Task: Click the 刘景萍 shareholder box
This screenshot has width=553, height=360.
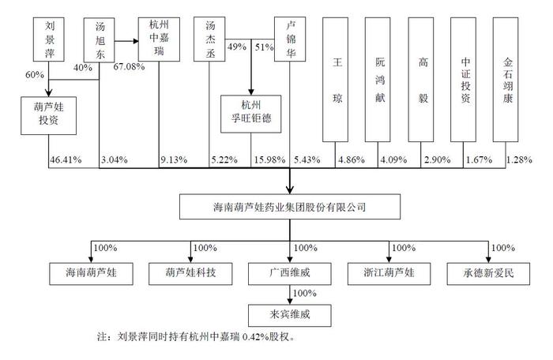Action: point(49,39)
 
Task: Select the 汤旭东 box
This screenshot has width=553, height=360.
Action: point(99,39)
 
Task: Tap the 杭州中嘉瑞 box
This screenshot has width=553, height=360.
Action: point(159,39)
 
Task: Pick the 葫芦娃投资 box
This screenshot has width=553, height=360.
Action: point(49,115)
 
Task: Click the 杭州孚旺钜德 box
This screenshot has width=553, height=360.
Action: point(251,114)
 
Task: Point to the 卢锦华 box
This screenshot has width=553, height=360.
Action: point(290,39)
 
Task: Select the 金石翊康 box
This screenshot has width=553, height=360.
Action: point(506,80)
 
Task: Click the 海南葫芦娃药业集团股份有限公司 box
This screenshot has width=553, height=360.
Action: point(290,207)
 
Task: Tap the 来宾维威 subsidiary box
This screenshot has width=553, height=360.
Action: point(290,316)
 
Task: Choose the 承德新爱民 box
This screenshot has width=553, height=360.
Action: point(488,274)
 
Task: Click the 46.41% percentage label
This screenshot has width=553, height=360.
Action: point(66,159)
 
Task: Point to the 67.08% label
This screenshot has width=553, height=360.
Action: point(129,66)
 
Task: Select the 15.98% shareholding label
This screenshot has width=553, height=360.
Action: point(269,159)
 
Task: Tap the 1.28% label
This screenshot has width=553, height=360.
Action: point(519,159)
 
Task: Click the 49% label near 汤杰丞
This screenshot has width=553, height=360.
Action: point(237,47)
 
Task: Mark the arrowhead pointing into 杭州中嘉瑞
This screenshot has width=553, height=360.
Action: point(135,41)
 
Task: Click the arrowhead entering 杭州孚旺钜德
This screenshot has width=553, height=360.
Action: point(251,92)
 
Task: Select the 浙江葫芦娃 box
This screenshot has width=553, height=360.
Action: point(389,274)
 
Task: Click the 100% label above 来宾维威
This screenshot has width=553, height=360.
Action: point(305,294)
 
